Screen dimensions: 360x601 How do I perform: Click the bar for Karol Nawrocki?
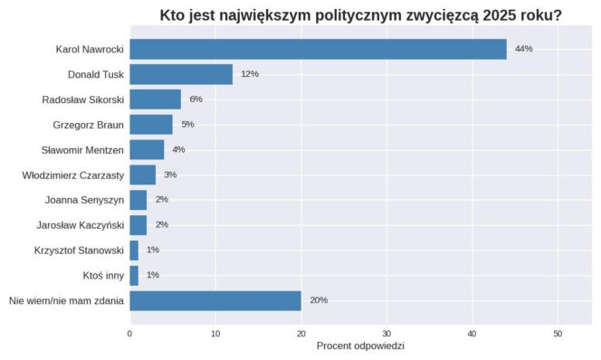pyautogui.click(x=318, y=49)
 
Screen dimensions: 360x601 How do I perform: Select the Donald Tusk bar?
pyautogui.click(x=181, y=74)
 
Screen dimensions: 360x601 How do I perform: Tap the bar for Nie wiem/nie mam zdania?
pyautogui.click(x=215, y=300)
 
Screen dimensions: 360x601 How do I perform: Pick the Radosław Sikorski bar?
pyautogui.click(x=155, y=99)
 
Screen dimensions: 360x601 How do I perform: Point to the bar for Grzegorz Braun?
pyautogui.click(x=150, y=124)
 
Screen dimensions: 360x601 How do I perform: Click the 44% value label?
pyautogui.click(x=523, y=49)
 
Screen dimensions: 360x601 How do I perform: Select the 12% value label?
pyautogui.click(x=250, y=74)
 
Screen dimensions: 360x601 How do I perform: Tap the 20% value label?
pyautogui.click(x=319, y=300)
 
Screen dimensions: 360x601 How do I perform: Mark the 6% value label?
pyautogui.click(x=196, y=99)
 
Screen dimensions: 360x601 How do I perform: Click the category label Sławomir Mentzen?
pyautogui.click(x=82, y=149)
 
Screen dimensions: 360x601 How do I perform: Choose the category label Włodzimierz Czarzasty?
pyautogui.click(x=72, y=175)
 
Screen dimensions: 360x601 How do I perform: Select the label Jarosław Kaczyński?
pyautogui.click(x=80, y=224)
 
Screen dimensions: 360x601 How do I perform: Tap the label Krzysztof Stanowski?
pyautogui.click(x=79, y=250)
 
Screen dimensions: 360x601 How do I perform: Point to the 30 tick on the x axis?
pyautogui.click(x=386, y=334)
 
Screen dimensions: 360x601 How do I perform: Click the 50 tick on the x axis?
pyautogui.click(x=558, y=334)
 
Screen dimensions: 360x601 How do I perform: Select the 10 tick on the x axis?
pyautogui.click(x=215, y=334)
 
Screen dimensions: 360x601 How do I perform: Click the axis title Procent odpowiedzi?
pyautogui.click(x=360, y=347)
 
